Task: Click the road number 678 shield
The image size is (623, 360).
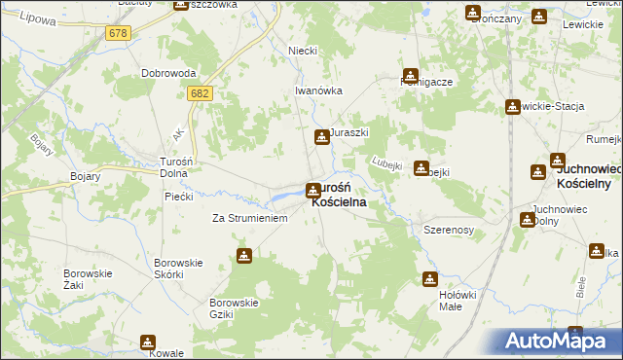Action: [118, 33]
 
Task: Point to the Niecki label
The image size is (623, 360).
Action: [303, 51]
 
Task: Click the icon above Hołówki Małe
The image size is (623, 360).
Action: [429, 279]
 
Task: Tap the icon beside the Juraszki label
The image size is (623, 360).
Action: [321, 138]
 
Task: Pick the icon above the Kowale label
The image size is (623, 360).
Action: [148, 342]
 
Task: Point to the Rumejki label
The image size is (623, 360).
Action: [604, 137]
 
